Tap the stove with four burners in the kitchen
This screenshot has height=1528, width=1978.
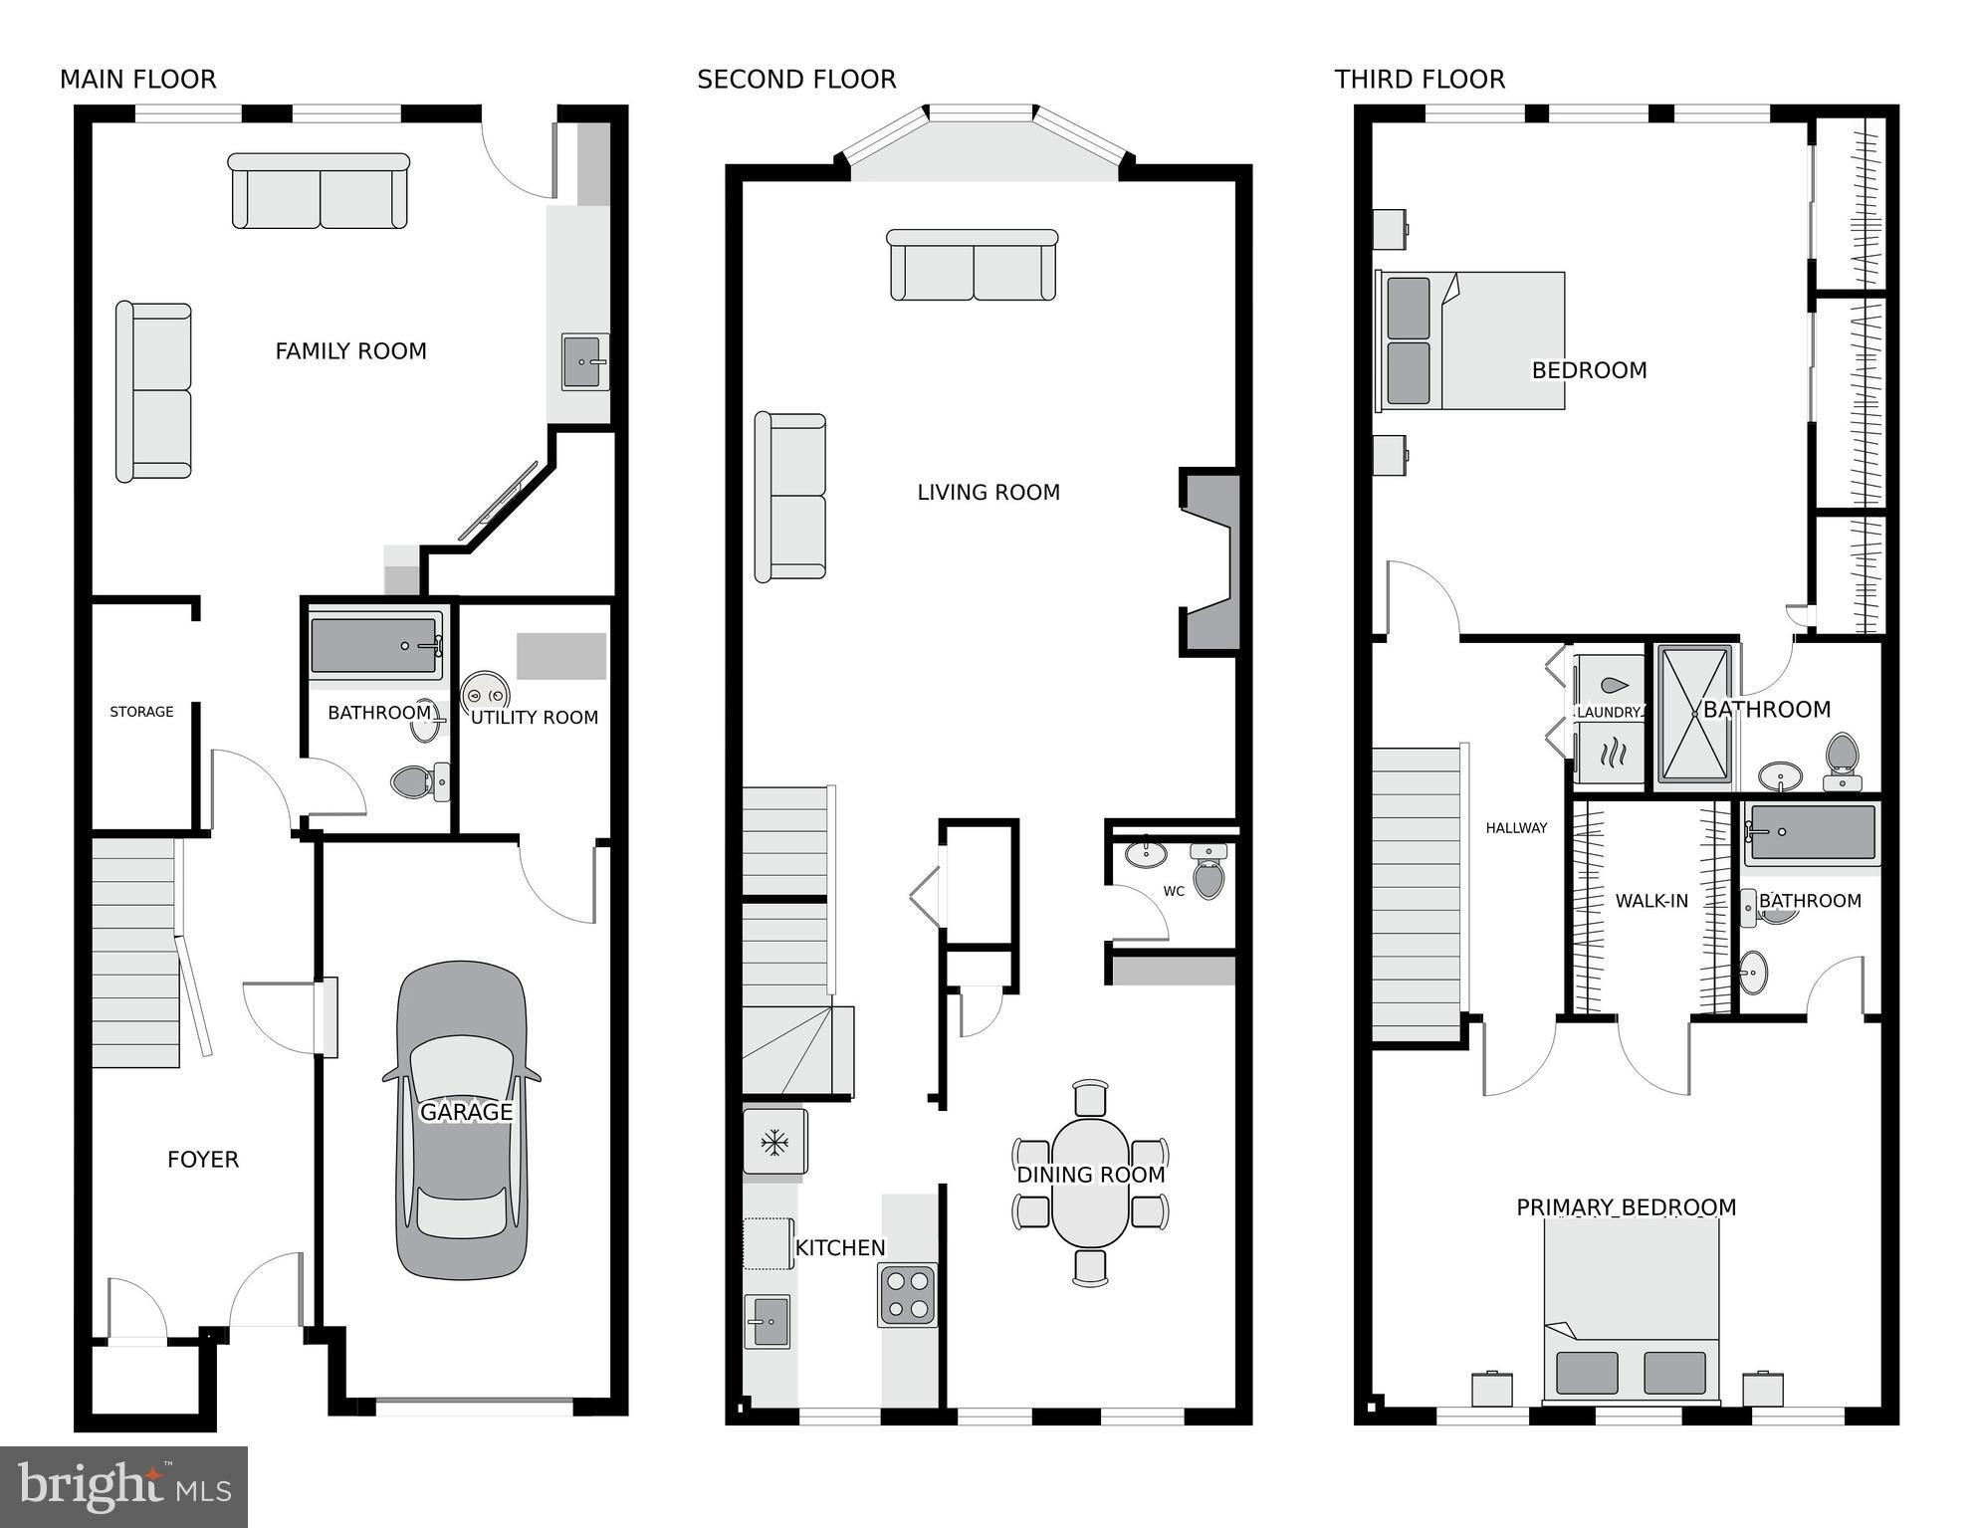(907, 1295)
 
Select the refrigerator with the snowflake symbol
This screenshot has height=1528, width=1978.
(774, 1142)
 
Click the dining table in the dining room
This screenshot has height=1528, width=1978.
(1091, 1183)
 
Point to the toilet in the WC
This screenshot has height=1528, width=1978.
(1209, 872)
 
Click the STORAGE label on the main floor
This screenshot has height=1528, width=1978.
(141, 712)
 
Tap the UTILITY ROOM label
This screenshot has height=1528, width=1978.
(535, 718)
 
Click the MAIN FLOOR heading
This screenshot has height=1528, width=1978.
(138, 80)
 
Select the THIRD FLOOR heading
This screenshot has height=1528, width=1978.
(1420, 80)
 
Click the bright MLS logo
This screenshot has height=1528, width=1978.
(124, 1486)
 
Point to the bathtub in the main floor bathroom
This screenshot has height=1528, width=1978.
(375, 647)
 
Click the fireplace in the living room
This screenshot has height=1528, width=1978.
(1210, 562)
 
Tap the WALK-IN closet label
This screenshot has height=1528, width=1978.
(1651, 901)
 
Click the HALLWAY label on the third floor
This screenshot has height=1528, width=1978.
(1516, 828)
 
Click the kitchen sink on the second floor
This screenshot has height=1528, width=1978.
(767, 1321)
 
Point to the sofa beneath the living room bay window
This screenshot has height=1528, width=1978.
(973, 265)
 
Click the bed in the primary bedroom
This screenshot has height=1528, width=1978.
(1632, 1309)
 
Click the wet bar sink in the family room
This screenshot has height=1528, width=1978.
(585, 361)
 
